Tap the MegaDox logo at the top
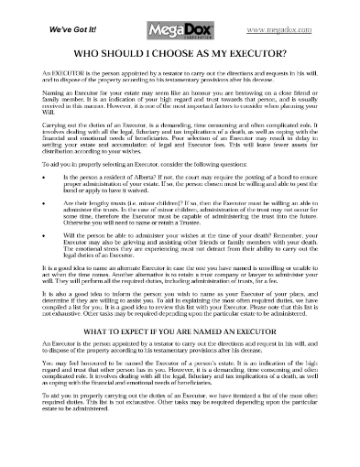coord(180,20)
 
